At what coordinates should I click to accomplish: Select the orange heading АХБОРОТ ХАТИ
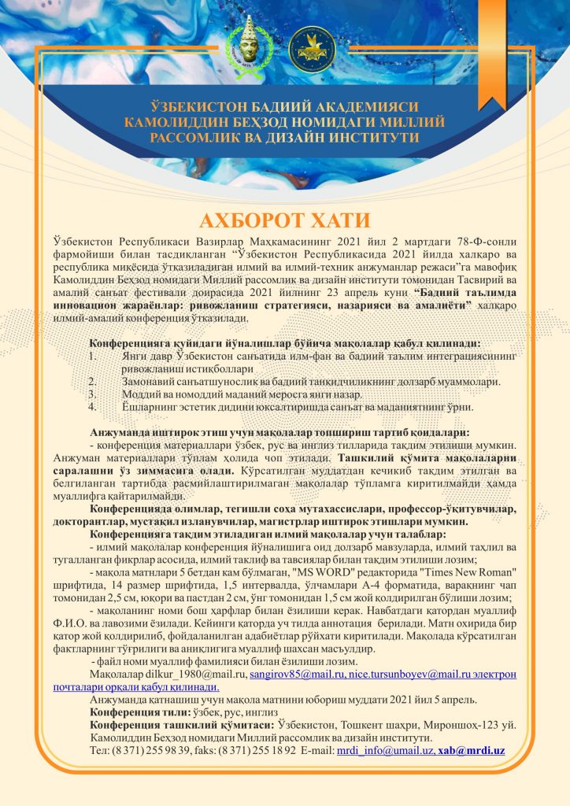284,218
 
